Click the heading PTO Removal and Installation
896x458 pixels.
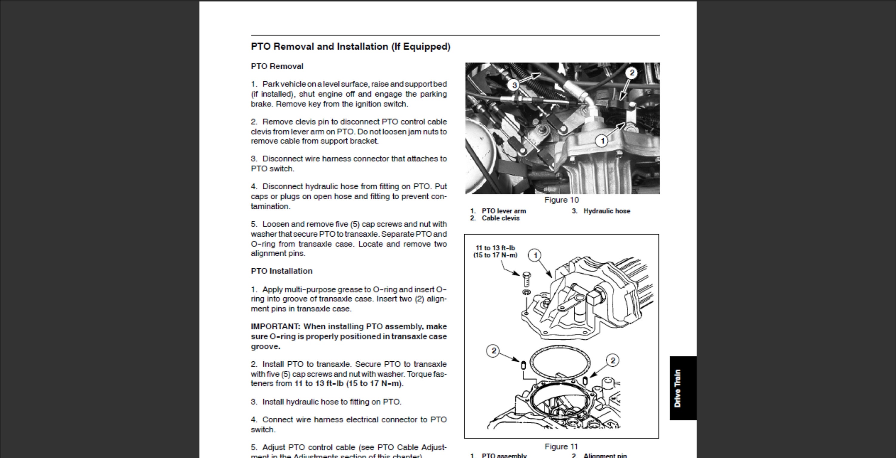[x=350, y=47]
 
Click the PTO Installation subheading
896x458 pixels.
[x=281, y=271]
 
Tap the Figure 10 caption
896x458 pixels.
[x=561, y=200]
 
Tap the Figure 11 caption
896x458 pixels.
[x=561, y=447]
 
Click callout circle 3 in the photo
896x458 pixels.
[x=514, y=85]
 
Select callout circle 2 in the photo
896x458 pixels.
[x=631, y=73]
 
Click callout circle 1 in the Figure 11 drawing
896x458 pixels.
[x=535, y=255]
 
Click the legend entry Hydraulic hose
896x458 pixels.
[x=606, y=211]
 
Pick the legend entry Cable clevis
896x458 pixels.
[x=500, y=218]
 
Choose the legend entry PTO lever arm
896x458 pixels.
[x=503, y=211]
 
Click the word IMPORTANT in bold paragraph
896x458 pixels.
[x=275, y=327]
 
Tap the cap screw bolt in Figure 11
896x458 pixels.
[x=526, y=279]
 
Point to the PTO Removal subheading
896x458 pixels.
[x=277, y=66]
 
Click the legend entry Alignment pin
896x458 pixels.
[x=605, y=455]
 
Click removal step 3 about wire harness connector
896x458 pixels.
[x=349, y=164]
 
